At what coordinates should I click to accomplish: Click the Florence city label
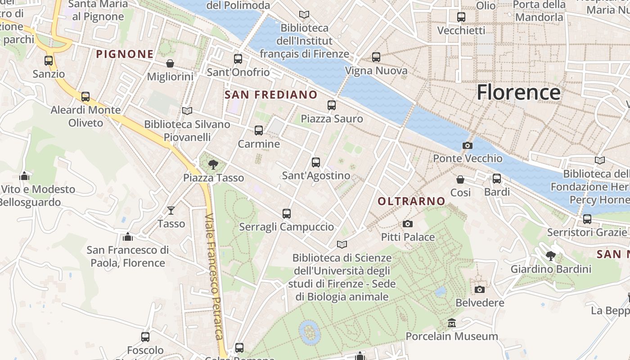(x=518, y=92)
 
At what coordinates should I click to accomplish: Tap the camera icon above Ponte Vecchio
(x=468, y=145)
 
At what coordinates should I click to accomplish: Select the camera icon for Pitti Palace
(x=408, y=224)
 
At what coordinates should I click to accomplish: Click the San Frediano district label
(x=271, y=94)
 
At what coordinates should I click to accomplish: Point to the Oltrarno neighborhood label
(x=412, y=201)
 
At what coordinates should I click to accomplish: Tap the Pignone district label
(x=125, y=54)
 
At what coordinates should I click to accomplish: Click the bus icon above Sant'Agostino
(x=316, y=162)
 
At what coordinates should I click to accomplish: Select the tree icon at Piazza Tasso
(x=213, y=165)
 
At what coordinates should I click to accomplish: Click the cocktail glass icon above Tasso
(x=171, y=210)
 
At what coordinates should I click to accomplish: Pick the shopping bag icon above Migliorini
(x=170, y=63)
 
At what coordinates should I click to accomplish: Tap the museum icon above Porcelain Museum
(x=452, y=323)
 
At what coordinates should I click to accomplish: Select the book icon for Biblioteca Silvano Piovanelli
(x=187, y=111)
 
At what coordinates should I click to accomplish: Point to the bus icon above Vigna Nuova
(x=376, y=57)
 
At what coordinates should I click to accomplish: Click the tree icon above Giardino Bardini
(x=550, y=256)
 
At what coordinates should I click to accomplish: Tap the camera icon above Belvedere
(x=480, y=289)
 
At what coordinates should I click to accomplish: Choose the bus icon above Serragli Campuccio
(x=287, y=214)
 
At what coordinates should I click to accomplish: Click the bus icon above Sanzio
(x=49, y=61)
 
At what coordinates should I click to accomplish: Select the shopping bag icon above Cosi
(x=460, y=180)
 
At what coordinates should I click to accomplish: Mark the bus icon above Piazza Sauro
(x=332, y=105)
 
